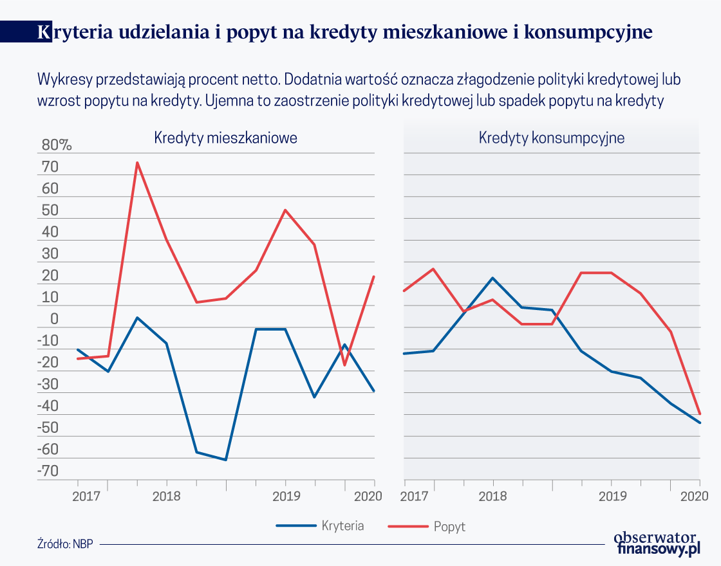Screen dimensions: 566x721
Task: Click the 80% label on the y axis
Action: (x=57, y=145)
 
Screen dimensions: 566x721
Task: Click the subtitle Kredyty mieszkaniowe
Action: (x=225, y=138)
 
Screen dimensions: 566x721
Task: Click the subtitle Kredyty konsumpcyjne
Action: (x=552, y=138)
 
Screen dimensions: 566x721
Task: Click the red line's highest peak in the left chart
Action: (x=137, y=163)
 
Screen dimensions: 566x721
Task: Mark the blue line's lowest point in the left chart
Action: (x=226, y=460)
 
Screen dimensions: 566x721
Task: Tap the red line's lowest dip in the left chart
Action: (x=344, y=365)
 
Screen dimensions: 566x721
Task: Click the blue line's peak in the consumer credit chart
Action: (x=493, y=278)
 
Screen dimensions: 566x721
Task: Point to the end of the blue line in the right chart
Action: (x=700, y=423)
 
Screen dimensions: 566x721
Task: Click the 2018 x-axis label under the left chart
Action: (x=167, y=497)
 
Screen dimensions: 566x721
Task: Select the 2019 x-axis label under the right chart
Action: (x=612, y=497)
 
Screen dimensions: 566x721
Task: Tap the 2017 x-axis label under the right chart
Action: (x=413, y=497)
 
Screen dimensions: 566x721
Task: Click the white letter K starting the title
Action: (x=44, y=32)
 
